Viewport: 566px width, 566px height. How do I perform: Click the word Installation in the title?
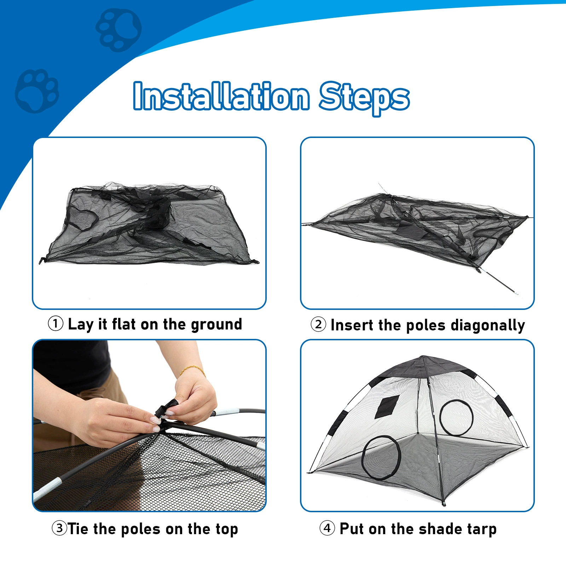point(221,96)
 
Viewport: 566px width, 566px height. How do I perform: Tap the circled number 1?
point(56,324)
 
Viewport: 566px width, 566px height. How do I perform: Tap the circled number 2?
point(318,324)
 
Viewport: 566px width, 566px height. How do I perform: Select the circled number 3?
point(59,528)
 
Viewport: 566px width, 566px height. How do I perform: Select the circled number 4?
point(327,528)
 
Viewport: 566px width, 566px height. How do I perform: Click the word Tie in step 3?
point(78,529)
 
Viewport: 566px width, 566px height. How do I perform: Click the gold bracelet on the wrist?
point(193,370)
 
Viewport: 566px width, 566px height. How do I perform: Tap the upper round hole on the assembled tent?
point(456,417)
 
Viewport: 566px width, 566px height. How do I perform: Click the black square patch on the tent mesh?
point(387,407)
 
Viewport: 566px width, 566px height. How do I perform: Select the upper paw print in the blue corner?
point(119,30)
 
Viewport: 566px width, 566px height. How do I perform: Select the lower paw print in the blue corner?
point(37,91)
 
